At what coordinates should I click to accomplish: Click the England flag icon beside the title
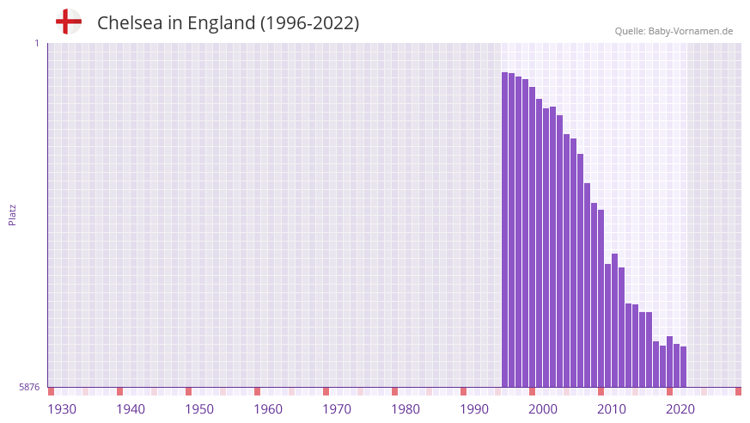[x=68, y=21]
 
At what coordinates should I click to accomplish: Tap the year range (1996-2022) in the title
[x=309, y=23]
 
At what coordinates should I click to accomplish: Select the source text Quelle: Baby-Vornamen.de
[x=674, y=31]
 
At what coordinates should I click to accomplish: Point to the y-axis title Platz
[x=12, y=215]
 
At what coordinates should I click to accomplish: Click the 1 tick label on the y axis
[x=36, y=43]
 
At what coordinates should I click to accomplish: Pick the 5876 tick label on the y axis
[x=29, y=388]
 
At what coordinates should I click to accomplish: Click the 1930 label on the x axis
[x=62, y=409]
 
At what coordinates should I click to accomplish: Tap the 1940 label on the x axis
[x=131, y=409]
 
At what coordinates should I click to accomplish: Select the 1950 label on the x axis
[x=199, y=409]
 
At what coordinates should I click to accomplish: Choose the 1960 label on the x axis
[x=268, y=409]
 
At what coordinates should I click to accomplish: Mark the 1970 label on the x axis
[x=337, y=409]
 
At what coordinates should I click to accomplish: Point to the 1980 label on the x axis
[x=405, y=409]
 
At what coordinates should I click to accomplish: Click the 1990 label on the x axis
[x=474, y=409]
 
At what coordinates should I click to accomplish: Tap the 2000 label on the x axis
[x=543, y=409]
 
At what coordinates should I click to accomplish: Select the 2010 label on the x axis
[x=612, y=409]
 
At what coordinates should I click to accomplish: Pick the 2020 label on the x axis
[x=680, y=409]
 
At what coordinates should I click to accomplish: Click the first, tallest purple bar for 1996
[x=505, y=230]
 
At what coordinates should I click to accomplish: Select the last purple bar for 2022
[x=683, y=367]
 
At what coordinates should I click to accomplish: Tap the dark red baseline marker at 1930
[x=51, y=391]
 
